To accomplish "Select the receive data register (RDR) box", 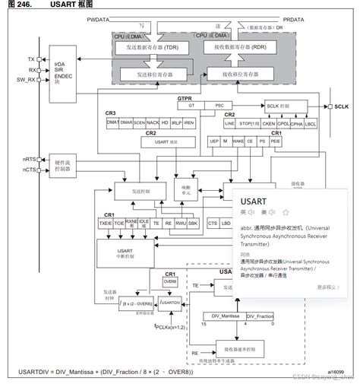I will coord(238,47).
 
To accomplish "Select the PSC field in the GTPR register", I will coord(219,106).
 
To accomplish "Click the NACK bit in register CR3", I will coord(153,122).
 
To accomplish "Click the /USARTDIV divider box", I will coord(170,302).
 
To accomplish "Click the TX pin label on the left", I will coord(31,59).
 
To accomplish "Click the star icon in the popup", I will coord(286,213).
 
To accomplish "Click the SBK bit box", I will coord(192,224).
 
